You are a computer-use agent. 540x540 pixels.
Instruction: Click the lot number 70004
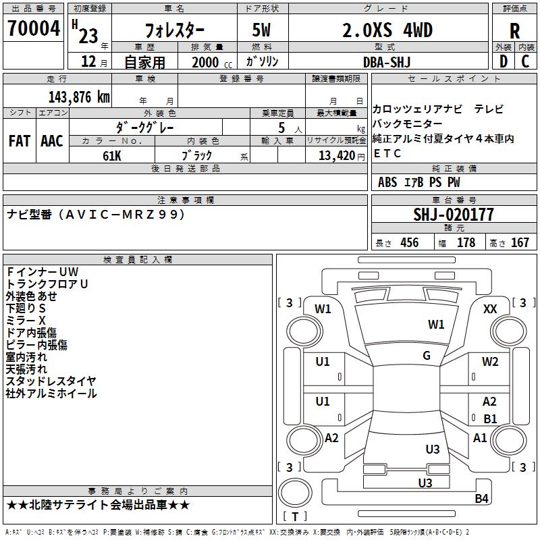coord(33,28)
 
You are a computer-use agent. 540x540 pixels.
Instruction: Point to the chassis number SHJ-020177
coord(453,215)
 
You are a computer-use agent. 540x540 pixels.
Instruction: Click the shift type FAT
coord(20,141)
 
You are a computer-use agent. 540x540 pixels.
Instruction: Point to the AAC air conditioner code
coord(52,141)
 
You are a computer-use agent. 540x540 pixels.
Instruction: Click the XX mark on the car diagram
coord(491,309)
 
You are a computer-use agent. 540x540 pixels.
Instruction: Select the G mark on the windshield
coord(427,356)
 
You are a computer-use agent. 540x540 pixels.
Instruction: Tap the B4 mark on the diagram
coord(481,499)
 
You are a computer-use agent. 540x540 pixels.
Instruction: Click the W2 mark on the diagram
coord(490,362)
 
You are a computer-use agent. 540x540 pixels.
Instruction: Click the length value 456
coord(409,243)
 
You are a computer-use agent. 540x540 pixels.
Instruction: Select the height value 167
coord(520,243)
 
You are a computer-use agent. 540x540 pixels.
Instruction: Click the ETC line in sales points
coord(387,153)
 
